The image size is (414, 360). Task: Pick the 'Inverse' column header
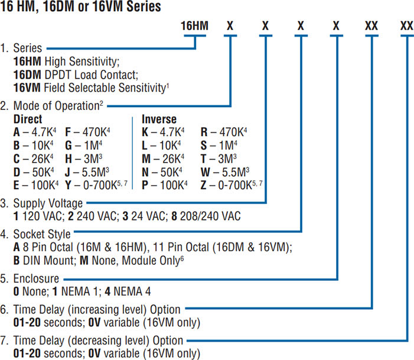click(159, 119)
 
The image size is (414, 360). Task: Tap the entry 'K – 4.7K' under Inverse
click(163, 131)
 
